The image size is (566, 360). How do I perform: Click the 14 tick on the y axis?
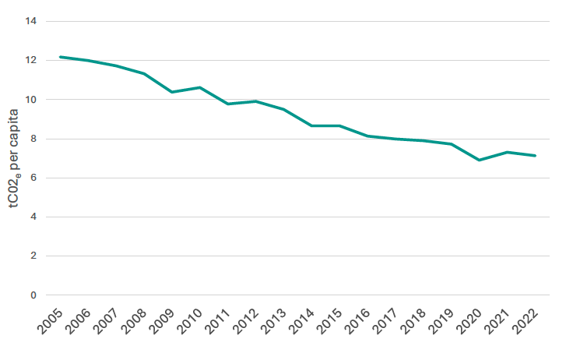(31, 21)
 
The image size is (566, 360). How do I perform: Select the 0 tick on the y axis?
(34, 295)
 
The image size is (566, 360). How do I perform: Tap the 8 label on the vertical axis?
(34, 139)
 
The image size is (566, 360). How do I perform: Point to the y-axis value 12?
(31, 60)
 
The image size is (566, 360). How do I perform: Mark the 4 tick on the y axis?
(34, 217)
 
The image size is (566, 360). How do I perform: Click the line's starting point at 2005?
(61, 57)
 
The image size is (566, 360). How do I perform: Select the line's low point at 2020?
(479, 160)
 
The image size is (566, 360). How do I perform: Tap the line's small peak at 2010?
(200, 87)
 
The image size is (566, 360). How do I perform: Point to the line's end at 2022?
(535, 156)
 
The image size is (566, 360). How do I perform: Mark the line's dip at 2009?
(172, 92)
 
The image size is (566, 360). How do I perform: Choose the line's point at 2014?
(311, 125)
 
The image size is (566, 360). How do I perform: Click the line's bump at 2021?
(507, 152)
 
